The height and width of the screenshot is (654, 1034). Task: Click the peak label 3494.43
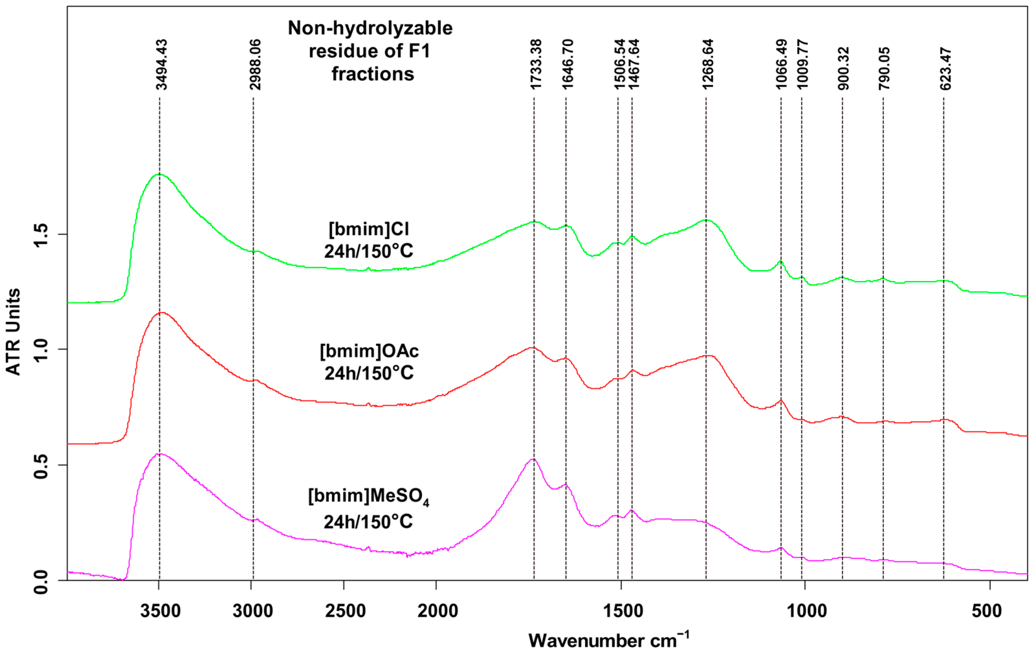click(x=161, y=64)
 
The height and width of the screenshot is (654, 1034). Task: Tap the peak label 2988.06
click(x=256, y=64)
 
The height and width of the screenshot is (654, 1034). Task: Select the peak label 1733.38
click(x=536, y=64)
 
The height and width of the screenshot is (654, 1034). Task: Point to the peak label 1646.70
click(x=568, y=64)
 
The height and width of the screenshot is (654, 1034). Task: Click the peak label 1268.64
click(x=708, y=64)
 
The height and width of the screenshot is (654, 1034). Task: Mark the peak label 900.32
click(x=844, y=69)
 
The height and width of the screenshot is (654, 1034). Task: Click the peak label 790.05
click(x=884, y=69)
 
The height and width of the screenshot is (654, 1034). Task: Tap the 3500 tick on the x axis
click(x=160, y=611)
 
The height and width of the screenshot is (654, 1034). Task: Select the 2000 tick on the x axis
click(x=438, y=611)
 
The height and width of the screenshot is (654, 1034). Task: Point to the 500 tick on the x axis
click(x=987, y=611)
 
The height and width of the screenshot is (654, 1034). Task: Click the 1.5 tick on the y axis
click(x=42, y=234)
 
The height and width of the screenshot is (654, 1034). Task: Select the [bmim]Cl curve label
click(x=369, y=229)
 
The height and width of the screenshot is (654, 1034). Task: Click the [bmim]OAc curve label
click(x=369, y=351)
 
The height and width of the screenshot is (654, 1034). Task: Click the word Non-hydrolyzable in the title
click(x=370, y=28)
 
